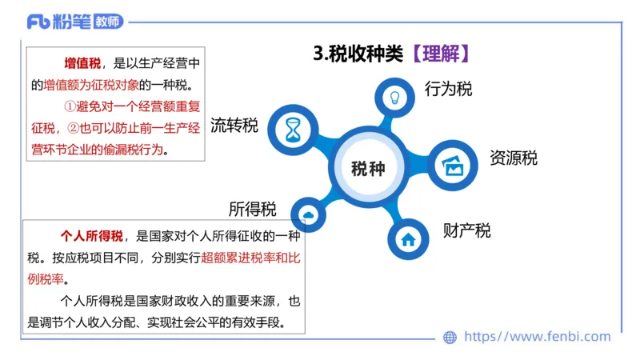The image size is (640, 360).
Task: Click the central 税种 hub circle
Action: click(368, 169)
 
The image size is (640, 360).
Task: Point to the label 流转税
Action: click(234, 126)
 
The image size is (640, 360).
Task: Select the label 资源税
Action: click(513, 158)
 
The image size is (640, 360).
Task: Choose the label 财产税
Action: click(466, 231)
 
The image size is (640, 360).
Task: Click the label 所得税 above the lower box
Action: click(252, 210)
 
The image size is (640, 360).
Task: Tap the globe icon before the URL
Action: click(450, 338)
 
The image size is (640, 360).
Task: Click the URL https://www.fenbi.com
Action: click(537, 337)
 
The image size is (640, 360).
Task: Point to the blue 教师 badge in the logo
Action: click(109, 22)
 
